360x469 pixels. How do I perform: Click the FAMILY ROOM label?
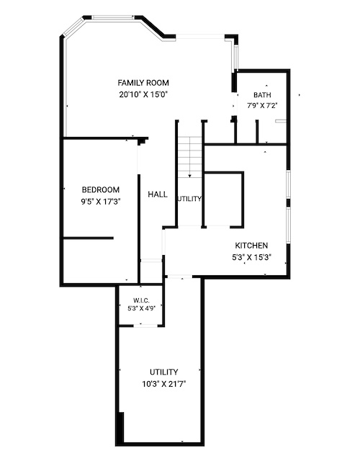[x=143, y=83]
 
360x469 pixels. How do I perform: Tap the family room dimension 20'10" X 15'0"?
[x=143, y=95]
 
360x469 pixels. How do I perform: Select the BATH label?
[x=262, y=95]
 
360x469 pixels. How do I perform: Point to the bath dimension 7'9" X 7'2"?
[x=262, y=106]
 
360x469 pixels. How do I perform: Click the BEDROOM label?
[x=101, y=190]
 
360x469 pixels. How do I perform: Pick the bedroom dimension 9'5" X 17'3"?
[x=101, y=202]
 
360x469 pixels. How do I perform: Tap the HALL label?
[x=158, y=195]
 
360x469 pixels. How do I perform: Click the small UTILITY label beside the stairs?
[x=189, y=199]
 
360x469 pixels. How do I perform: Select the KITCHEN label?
[x=251, y=246]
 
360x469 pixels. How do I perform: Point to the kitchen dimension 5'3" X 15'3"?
[x=251, y=257]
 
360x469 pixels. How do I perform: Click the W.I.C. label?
[x=141, y=300]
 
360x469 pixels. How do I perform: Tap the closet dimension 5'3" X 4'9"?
[x=141, y=308]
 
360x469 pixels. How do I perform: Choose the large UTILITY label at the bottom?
[x=164, y=372]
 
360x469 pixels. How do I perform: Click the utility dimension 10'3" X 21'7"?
[x=164, y=384]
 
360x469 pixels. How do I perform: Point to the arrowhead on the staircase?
[x=189, y=177]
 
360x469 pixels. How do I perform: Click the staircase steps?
[x=190, y=157]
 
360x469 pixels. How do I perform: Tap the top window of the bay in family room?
[x=113, y=17]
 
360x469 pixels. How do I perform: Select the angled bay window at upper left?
[x=73, y=27]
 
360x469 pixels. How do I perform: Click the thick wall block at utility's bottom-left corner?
[x=120, y=429]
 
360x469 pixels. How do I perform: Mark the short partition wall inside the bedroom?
[x=88, y=238]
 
